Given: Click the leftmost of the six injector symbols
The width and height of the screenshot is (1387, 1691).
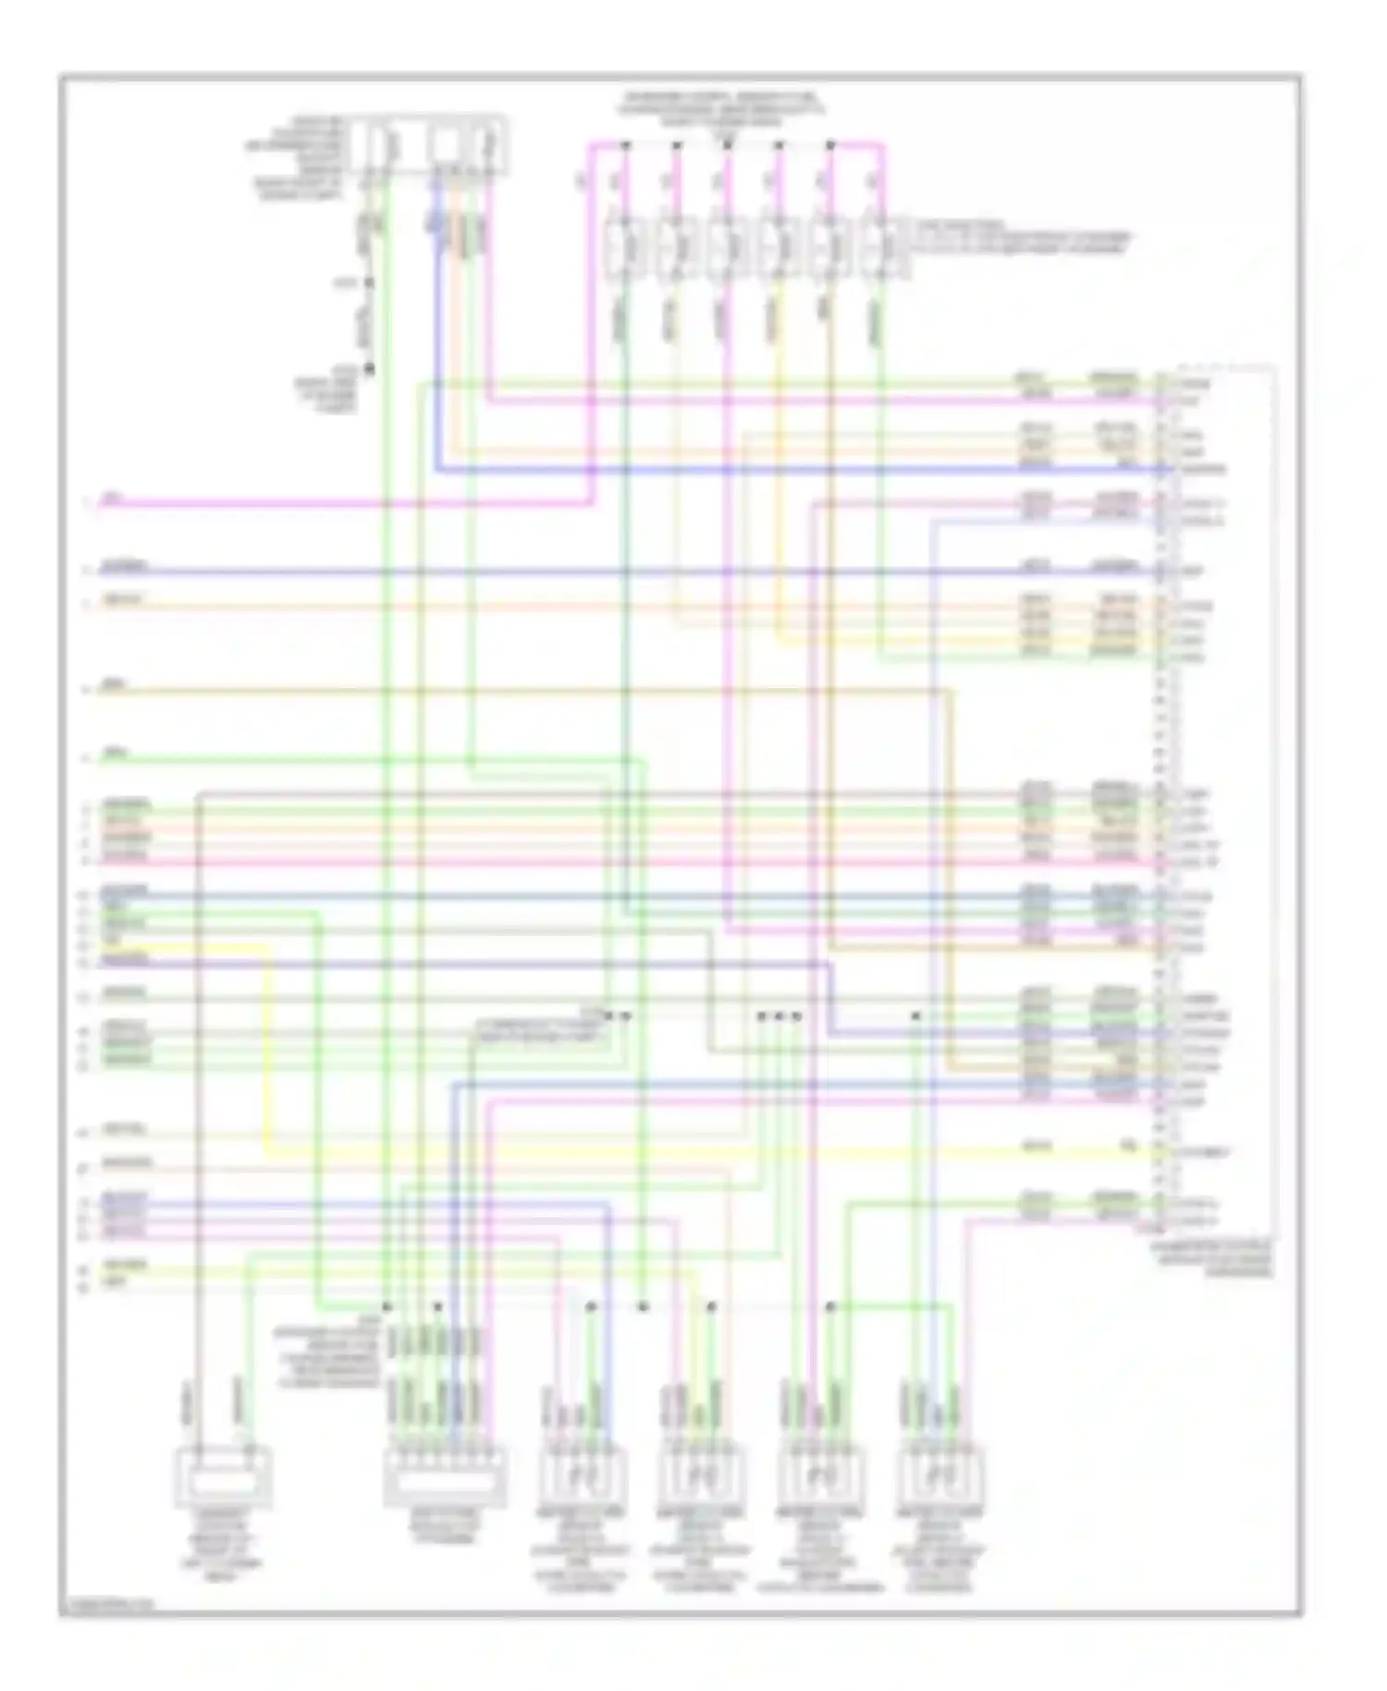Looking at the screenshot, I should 624,248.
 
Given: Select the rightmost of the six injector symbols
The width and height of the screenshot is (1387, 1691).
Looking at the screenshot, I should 881,248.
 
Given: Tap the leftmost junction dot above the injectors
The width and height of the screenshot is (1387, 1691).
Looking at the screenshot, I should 625,145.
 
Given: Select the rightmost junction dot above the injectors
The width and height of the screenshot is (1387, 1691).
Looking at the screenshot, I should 830,145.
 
